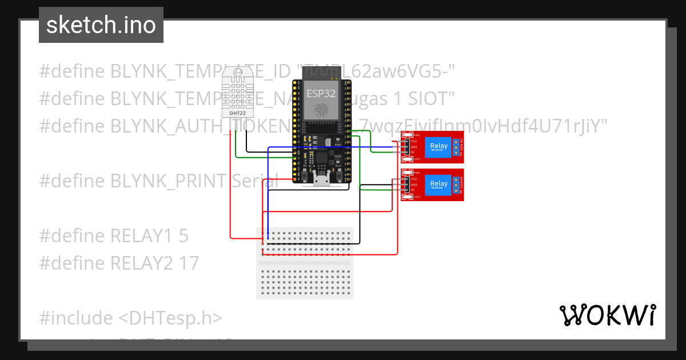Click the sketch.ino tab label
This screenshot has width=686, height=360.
tap(101, 25)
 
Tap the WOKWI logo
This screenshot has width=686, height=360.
tap(607, 315)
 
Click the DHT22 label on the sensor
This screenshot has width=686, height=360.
tap(238, 113)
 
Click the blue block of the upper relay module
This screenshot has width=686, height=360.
tap(439, 147)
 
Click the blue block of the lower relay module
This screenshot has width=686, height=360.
tap(439, 185)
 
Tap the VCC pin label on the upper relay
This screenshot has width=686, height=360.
tap(413, 141)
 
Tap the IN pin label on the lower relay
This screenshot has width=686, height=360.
tap(413, 190)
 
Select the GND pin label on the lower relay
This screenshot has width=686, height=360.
tap(413, 185)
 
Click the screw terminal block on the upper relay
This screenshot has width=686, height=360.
tap(456, 147)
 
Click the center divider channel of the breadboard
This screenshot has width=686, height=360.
tap(305, 263)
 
